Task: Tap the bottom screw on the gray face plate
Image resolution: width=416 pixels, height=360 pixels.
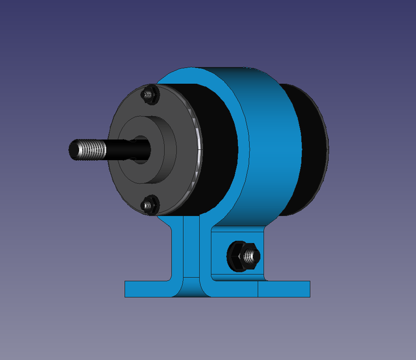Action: coord(148,205)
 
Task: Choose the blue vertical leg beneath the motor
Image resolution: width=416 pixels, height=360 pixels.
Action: coord(191,247)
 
